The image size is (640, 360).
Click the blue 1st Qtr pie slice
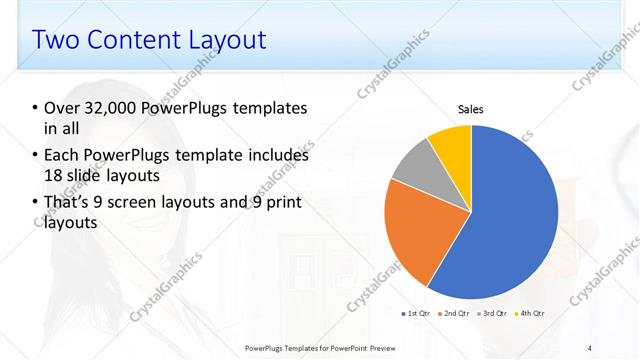point(510,220)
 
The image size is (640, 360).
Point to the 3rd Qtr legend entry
point(492,314)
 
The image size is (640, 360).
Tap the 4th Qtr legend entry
point(529,314)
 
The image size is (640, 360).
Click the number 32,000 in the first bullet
point(113,107)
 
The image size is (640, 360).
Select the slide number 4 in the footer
point(590,347)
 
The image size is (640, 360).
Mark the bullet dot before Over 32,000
point(35,108)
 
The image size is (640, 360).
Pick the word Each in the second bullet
point(62,155)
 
